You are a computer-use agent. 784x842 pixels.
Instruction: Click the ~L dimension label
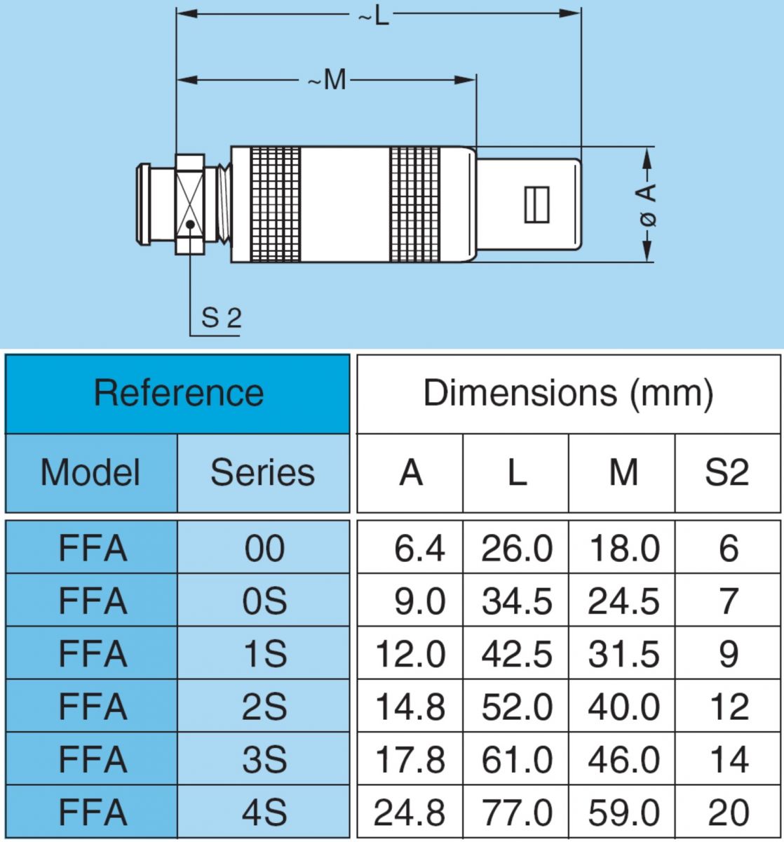pos(373,18)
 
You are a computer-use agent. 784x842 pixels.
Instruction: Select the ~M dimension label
pos(327,79)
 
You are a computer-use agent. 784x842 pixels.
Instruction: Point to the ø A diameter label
pos(647,205)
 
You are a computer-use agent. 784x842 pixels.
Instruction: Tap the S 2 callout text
pos(221,318)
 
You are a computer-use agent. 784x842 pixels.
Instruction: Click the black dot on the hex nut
pos(190,225)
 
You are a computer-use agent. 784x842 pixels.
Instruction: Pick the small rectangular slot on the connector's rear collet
pos(537,205)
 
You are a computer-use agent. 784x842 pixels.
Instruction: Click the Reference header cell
pos(178,393)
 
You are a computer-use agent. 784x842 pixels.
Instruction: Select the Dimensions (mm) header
pos(568,393)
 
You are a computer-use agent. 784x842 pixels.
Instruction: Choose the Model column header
pos(90,472)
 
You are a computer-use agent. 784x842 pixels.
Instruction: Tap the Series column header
pos(263,472)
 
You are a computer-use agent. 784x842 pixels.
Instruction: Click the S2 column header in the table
pos(726,472)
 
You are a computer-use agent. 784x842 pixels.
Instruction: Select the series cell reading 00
pos(264,548)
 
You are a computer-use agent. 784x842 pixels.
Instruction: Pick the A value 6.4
pos(419,548)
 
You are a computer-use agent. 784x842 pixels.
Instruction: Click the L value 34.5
pos(517,601)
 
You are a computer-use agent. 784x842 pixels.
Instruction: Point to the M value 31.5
pos(623,654)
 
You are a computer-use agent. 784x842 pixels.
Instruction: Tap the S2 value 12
pos(729,707)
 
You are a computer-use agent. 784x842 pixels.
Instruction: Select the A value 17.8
pos(410,759)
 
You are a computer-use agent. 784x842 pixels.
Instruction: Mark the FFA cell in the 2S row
pos(93,707)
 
